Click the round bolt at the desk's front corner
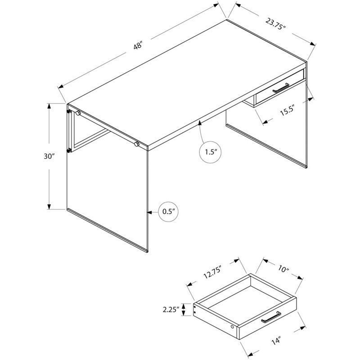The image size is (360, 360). pyautogui.click(x=136, y=144)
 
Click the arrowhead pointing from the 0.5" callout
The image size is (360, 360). pyautogui.click(x=149, y=211)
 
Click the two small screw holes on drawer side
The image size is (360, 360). pyautogui.click(x=194, y=309)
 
